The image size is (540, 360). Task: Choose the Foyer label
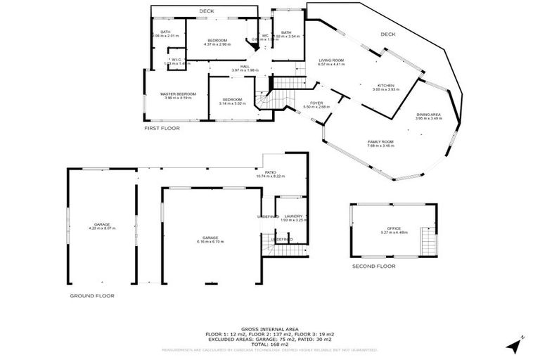pyautogui.click(x=316, y=105)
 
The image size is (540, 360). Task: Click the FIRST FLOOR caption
pyautogui.click(x=162, y=128)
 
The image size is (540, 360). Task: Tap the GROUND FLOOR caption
pyautogui.click(x=91, y=296)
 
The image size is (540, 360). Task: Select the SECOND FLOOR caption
pyautogui.click(x=374, y=266)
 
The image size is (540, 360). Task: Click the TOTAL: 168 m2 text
pyautogui.click(x=270, y=344)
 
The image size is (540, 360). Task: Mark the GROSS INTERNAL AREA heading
pyautogui.click(x=270, y=328)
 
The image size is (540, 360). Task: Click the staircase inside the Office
pyautogui.click(x=427, y=243)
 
